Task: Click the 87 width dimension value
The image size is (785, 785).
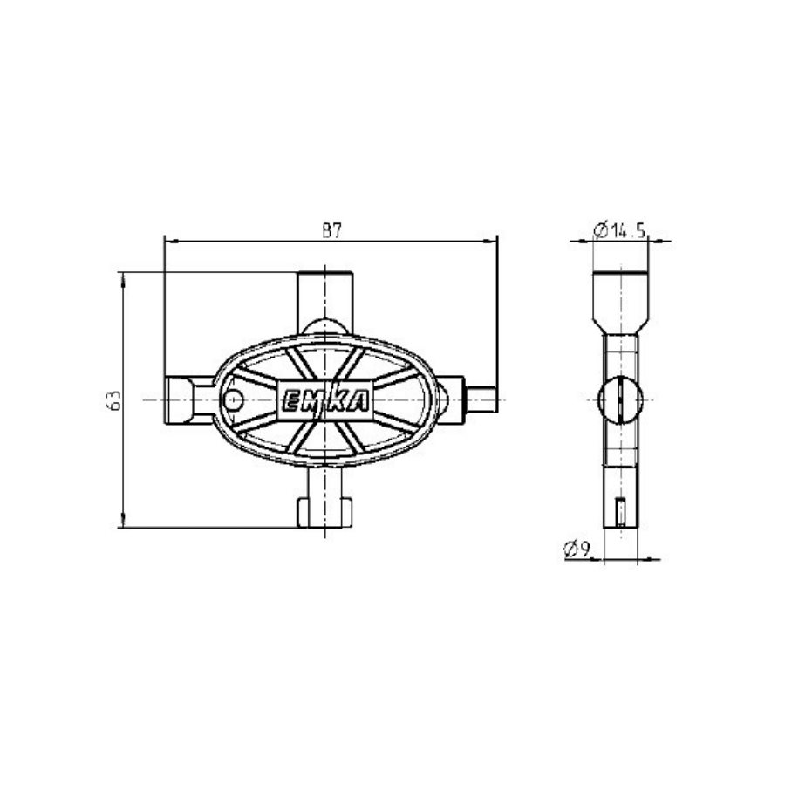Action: (x=331, y=230)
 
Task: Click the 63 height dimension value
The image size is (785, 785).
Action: (x=112, y=400)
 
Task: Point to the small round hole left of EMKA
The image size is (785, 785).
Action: (x=232, y=399)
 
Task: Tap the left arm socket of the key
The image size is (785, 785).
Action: (x=185, y=399)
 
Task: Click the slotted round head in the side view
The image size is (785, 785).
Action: (x=621, y=400)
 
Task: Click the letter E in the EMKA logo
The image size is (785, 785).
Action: (x=290, y=400)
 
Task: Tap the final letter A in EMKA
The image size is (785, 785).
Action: (x=358, y=400)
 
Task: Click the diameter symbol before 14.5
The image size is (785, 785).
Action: (x=600, y=231)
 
